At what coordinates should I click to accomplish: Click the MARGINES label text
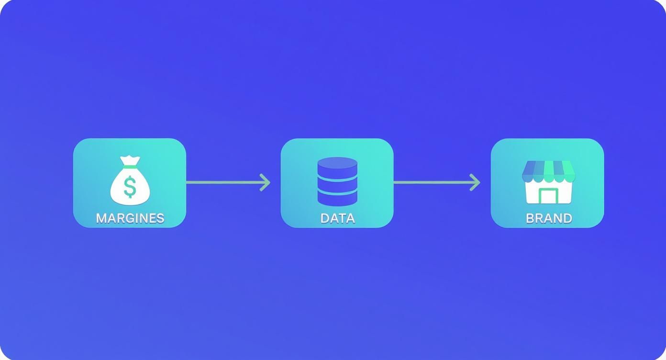(x=130, y=218)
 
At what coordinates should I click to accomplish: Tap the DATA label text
(x=337, y=218)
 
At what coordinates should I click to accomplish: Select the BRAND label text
(x=549, y=218)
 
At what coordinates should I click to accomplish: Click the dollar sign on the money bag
(x=130, y=187)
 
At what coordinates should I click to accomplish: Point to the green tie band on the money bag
(x=130, y=167)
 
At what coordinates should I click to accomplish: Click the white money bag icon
(x=130, y=180)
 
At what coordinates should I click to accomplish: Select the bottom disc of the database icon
(x=337, y=199)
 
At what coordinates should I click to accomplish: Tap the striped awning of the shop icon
(x=548, y=171)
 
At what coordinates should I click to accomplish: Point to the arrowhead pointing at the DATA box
(x=265, y=182)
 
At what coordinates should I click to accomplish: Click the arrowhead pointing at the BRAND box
(x=475, y=182)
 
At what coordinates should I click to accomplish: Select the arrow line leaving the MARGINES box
(x=228, y=182)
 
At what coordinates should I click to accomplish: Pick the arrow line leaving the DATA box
(x=437, y=182)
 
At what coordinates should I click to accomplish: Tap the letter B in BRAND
(x=530, y=218)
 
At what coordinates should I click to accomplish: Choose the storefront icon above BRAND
(x=548, y=182)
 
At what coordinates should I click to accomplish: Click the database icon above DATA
(x=337, y=181)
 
